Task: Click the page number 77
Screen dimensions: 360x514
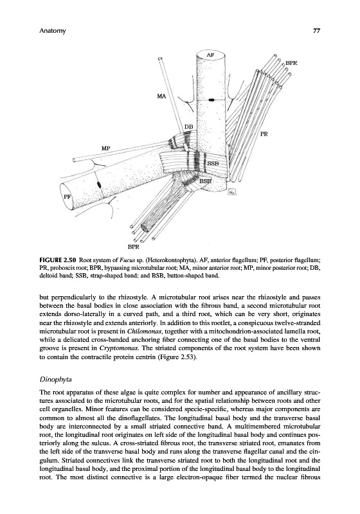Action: click(316, 31)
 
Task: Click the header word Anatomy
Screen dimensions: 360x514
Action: click(53, 31)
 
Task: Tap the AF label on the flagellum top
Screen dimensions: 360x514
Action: click(210, 55)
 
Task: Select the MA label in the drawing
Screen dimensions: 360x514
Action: click(161, 96)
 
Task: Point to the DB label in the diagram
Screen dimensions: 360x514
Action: click(188, 127)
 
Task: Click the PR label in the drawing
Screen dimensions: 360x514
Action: click(264, 134)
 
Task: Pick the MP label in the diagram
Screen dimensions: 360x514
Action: click(105, 148)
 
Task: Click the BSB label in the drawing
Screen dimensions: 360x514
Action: click(206, 181)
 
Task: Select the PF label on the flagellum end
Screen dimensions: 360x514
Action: click(67, 197)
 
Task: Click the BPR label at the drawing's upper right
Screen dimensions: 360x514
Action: click(291, 62)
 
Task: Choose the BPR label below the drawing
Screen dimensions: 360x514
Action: click(133, 246)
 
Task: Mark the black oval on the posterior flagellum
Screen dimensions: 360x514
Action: click(99, 184)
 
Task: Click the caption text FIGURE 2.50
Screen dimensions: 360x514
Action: click(58, 261)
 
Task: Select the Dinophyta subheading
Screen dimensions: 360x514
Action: click(55, 380)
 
